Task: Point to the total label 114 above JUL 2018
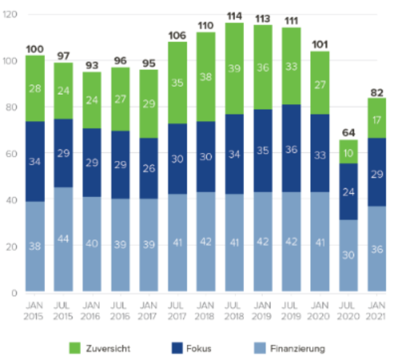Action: pos(235,16)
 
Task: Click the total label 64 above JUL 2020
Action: pos(348,132)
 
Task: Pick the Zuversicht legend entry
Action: pos(100,348)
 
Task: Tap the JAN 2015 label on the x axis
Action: pos(35,310)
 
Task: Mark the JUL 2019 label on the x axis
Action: pos(292,310)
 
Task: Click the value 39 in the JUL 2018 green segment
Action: pos(235,68)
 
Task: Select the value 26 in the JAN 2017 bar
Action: pos(149,168)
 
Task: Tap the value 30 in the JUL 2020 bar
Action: pos(348,255)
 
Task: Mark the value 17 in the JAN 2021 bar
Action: pos(377,120)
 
